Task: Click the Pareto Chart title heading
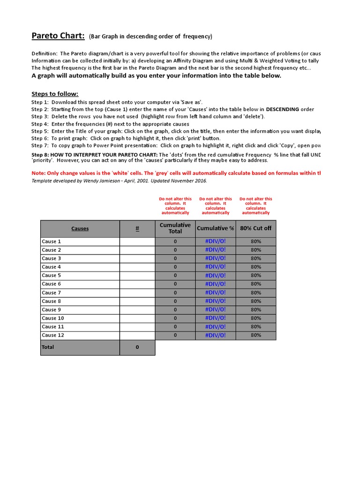[x=58, y=36]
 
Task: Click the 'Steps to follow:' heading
[x=55, y=94]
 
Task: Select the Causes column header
[x=80, y=229]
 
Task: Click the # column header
[x=137, y=229]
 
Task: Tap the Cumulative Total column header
[x=175, y=228]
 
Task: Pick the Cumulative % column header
[x=215, y=228]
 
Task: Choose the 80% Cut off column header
[x=256, y=228]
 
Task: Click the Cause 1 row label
[x=52, y=241]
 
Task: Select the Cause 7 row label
[x=52, y=292]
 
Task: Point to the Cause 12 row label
[x=53, y=335]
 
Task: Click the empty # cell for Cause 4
[x=137, y=267]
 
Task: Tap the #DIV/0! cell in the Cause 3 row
[x=215, y=258]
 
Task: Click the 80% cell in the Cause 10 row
[x=256, y=318]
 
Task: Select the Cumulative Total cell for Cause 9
[x=175, y=310]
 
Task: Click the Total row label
[x=48, y=347]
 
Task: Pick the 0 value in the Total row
[x=137, y=347]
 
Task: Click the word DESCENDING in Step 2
[x=283, y=109]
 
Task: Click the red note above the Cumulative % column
[x=215, y=206]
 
